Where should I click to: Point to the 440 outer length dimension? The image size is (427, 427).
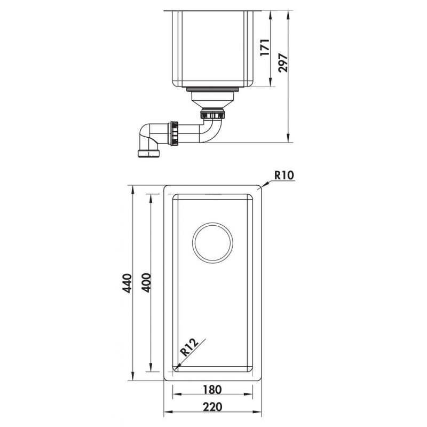click(127, 283)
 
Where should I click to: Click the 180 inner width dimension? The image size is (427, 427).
click(212, 389)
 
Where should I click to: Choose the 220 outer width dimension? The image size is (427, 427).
click(212, 407)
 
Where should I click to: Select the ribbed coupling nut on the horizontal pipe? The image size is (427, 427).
click(174, 133)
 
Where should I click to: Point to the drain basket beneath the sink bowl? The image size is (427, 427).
click(212, 98)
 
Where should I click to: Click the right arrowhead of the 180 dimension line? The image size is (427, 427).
click(252, 395)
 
